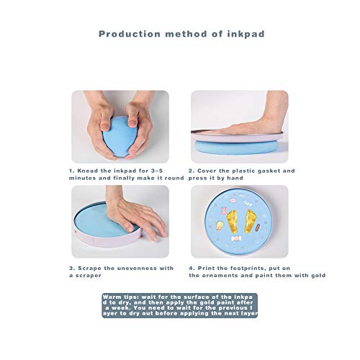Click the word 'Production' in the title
pos(130,34)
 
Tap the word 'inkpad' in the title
pos(246,34)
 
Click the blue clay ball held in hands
pos(120,137)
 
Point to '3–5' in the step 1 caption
pos(157,171)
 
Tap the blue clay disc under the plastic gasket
pos(237,147)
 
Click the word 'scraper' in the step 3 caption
pos(89,276)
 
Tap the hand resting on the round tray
pos(135,214)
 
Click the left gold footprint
pos(233,221)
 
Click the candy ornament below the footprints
pos(236,238)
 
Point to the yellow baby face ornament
pos(220,225)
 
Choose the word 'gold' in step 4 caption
pos(318,276)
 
